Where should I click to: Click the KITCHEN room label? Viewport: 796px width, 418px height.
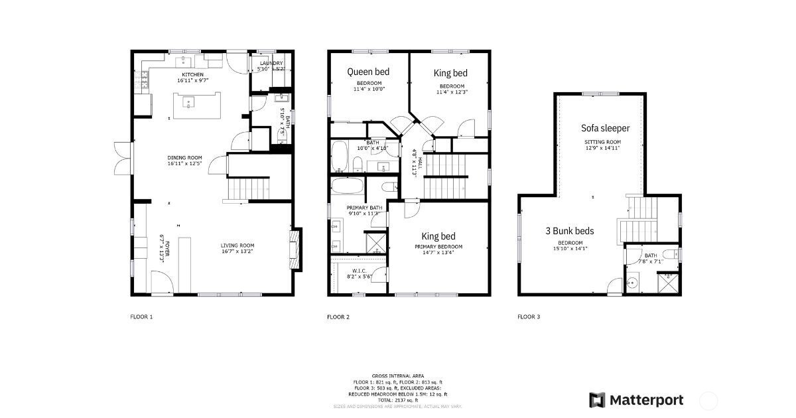[x=193, y=74]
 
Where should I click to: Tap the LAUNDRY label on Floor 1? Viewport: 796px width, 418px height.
[x=271, y=64]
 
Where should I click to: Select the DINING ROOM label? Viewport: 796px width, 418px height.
[x=184, y=158]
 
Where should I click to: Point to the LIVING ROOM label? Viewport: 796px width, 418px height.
[x=237, y=245]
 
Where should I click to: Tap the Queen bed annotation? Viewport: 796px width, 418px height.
[x=369, y=72]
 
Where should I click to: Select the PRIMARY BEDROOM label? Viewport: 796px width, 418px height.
[x=438, y=247]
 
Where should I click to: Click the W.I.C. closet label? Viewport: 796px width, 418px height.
[x=359, y=270]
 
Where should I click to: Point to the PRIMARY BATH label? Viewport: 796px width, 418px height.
[x=363, y=208]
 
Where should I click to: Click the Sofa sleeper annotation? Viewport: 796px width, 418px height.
[x=605, y=128]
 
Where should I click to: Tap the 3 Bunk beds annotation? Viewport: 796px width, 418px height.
[x=569, y=232]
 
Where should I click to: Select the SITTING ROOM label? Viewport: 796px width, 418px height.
[x=602, y=142]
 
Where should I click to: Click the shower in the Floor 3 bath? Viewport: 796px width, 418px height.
[x=667, y=283]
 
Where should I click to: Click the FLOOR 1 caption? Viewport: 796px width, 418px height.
[x=141, y=317]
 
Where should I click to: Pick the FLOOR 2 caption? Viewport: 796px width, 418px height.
[x=338, y=317]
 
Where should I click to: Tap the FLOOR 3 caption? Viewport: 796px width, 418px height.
[x=529, y=317]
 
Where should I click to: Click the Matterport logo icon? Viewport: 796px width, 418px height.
[x=597, y=400]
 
